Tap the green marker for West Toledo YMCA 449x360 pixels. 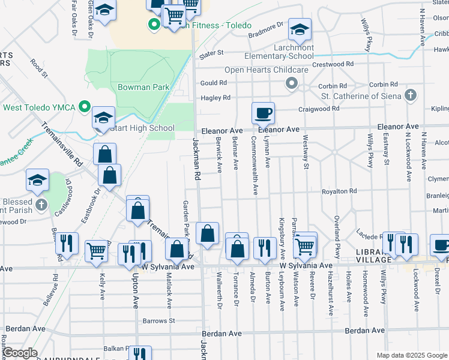pyautogui.click(x=85, y=108)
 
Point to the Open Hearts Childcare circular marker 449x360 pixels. pyautogui.click(x=292, y=83)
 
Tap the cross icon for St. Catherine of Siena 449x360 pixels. pyautogui.click(x=410, y=95)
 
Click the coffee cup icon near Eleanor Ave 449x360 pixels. pyautogui.click(x=263, y=112)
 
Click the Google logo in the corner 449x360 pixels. pyautogui.click(x=20, y=353)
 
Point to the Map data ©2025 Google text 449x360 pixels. pyautogui.click(x=411, y=355)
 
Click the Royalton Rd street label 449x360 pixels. pyautogui.click(x=339, y=191)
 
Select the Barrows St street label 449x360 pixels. pyautogui.click(x=158, y=321)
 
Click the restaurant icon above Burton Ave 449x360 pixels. pyautogui.click(x=264, y=247)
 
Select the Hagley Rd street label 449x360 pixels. pyautogui.click(x=215, y=98)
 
